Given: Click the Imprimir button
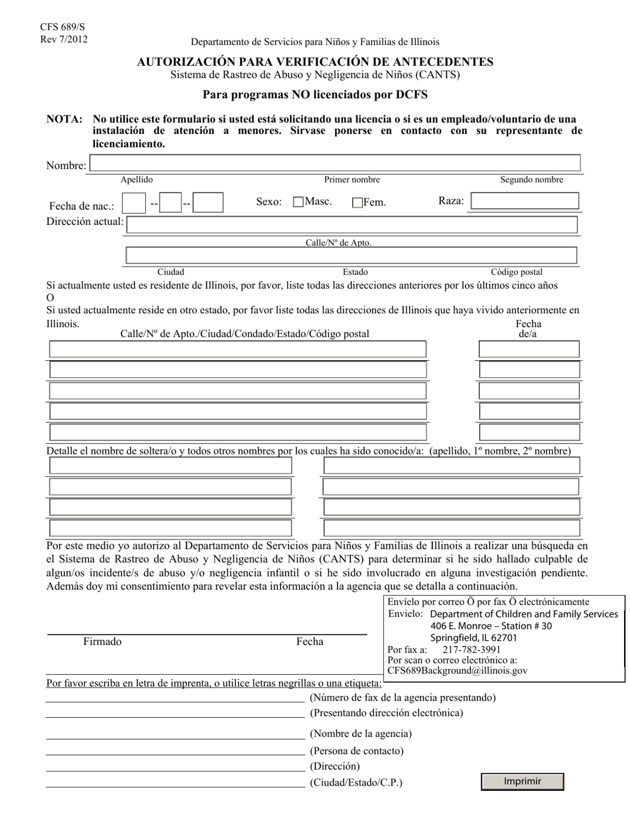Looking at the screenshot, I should [x=522, y=782].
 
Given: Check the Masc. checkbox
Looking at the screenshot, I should [x=298, y=202].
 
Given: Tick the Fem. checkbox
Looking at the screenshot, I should [x=357, y=203].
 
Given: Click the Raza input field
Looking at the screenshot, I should [x=525, y=201].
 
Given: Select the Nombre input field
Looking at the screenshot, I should [x=335, y=163].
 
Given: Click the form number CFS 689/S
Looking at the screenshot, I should [x=62, y=27].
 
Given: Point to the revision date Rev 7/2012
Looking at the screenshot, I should [x=64, y=38].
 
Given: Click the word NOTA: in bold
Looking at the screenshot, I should [x=64, y=119].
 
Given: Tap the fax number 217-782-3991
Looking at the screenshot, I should [x=472, y=649].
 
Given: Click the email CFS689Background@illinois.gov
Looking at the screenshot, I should [x=458, y=671].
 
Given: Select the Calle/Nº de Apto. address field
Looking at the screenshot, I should [x=351, y=224].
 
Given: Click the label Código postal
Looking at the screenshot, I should [x=516, y=272].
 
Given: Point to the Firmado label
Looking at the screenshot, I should [x=102, y=642].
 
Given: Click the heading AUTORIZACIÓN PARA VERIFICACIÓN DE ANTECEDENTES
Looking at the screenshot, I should [x=315, y=62].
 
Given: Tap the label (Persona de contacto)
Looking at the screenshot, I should [x=356, y=751].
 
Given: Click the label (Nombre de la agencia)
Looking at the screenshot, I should [x=361, y=734].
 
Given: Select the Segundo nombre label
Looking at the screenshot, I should [x=531, y=180].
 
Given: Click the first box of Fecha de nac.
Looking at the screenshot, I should [x=134, y=203].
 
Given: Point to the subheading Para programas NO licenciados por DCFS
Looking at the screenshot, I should [x=315, y=95].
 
